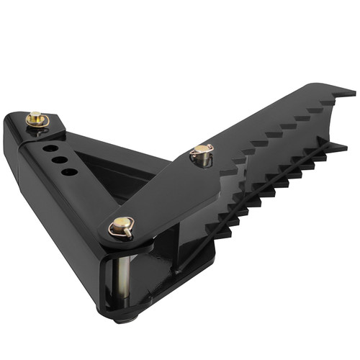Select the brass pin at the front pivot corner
click(122, 227)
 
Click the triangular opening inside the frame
click(115, 166)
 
